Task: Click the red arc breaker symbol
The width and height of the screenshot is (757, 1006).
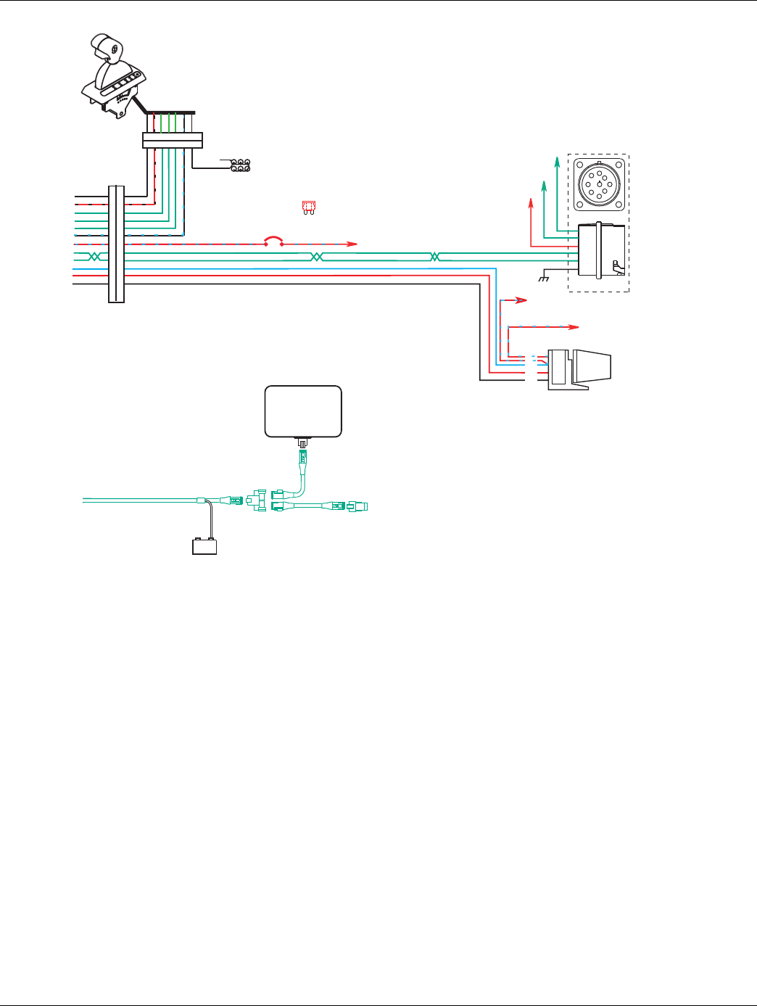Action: tap(273, 240)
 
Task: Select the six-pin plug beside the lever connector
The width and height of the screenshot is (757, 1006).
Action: tap(240, 165)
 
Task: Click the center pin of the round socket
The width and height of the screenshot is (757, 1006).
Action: tap(597, 184)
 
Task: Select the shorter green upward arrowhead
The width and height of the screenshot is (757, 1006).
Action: tap(544, 186)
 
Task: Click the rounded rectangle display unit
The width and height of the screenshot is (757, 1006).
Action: tap(303, 411)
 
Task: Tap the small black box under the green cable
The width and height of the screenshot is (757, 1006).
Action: tap(204, 546)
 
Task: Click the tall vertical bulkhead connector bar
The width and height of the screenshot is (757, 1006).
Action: tap(116, 244)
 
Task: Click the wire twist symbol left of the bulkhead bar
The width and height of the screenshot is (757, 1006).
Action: tap(93, 257)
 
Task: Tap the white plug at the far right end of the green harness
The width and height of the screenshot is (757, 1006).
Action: tap(358, 506)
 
